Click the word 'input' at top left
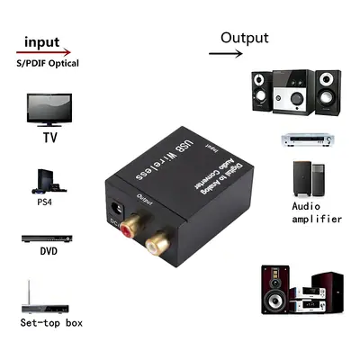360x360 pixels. click(x=44, y=41)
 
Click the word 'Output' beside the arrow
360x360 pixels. click(x=245, y=38)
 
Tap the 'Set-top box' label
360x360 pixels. click(x=51, y=322)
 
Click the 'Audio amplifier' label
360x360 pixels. click(x=317, y=212)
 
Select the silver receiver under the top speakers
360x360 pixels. click(x=308, y=140)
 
